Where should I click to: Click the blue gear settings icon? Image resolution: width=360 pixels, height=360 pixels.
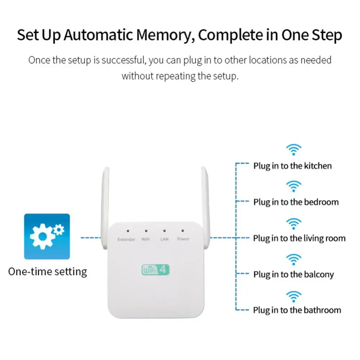pos(47,237)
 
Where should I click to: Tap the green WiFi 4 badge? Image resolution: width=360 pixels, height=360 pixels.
pos(156,269)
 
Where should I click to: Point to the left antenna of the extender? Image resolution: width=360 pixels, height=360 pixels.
pos(105,209)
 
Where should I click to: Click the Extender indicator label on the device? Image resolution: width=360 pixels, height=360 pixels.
pos(126,239)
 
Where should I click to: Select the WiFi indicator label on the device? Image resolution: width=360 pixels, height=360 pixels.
pos(145,239)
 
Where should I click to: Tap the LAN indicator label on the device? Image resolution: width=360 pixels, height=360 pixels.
pos(164,239)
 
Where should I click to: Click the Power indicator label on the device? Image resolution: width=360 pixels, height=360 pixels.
pos(183,239)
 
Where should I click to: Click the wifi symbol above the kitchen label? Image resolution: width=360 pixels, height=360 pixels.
pos(294,149)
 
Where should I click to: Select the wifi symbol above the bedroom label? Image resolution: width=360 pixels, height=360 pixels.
pos(294,186)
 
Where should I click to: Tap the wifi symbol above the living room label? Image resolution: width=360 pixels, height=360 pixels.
pos(294,223)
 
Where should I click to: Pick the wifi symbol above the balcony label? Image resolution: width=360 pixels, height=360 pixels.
pos(294,259)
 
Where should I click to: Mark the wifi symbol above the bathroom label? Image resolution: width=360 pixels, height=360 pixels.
pos(294,297)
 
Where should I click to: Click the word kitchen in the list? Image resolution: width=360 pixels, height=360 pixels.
pos(318,166)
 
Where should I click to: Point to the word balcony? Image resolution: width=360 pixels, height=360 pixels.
pos(319,275)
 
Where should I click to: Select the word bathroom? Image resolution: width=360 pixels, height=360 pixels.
pos(322,310)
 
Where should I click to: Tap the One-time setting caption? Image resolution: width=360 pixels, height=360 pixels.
pos(48,271)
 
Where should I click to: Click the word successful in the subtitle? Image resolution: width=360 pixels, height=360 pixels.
pos(123,60)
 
